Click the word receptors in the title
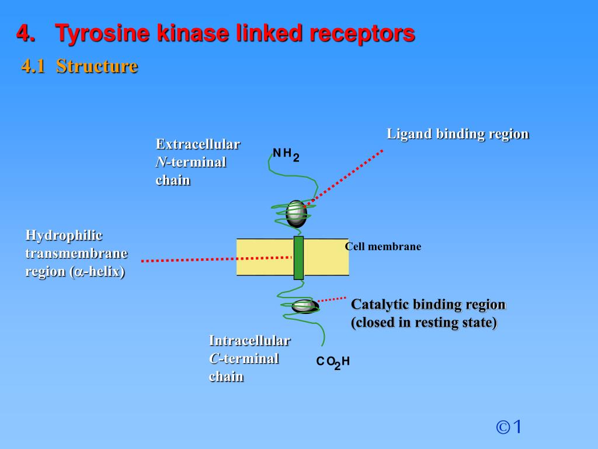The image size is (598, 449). coord(363,33)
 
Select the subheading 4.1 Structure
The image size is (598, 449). coord(79,66)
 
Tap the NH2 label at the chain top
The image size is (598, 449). coord(286,154)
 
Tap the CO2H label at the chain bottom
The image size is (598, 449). coord(333,362)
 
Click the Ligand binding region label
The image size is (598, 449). coord(457,134)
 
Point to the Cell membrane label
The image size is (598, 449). coord(383,247)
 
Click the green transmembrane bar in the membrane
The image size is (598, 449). coord(298,257)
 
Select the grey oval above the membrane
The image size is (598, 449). coord(296,214)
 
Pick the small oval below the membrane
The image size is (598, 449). coord(304,305)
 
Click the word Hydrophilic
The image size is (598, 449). coord(64,235)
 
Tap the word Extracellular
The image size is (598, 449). coord(198,144)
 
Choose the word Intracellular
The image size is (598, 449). coord(249,340)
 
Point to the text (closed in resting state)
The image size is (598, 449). coord(423,323)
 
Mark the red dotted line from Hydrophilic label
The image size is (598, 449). coord(216,258)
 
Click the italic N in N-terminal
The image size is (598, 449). coord(159,163)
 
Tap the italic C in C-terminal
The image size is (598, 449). coord(213,359)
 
